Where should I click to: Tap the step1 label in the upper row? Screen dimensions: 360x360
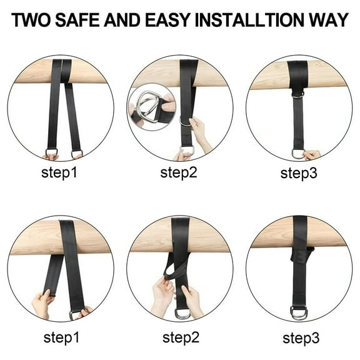(x=59, y=172)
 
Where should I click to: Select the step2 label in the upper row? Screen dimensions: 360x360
(x=179, y=172)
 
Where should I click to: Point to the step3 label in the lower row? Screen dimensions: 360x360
(x=300, y=338)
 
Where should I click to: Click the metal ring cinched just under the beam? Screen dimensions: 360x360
(x=298, y=94)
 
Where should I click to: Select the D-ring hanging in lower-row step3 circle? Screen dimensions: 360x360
(x=298, y=311)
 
